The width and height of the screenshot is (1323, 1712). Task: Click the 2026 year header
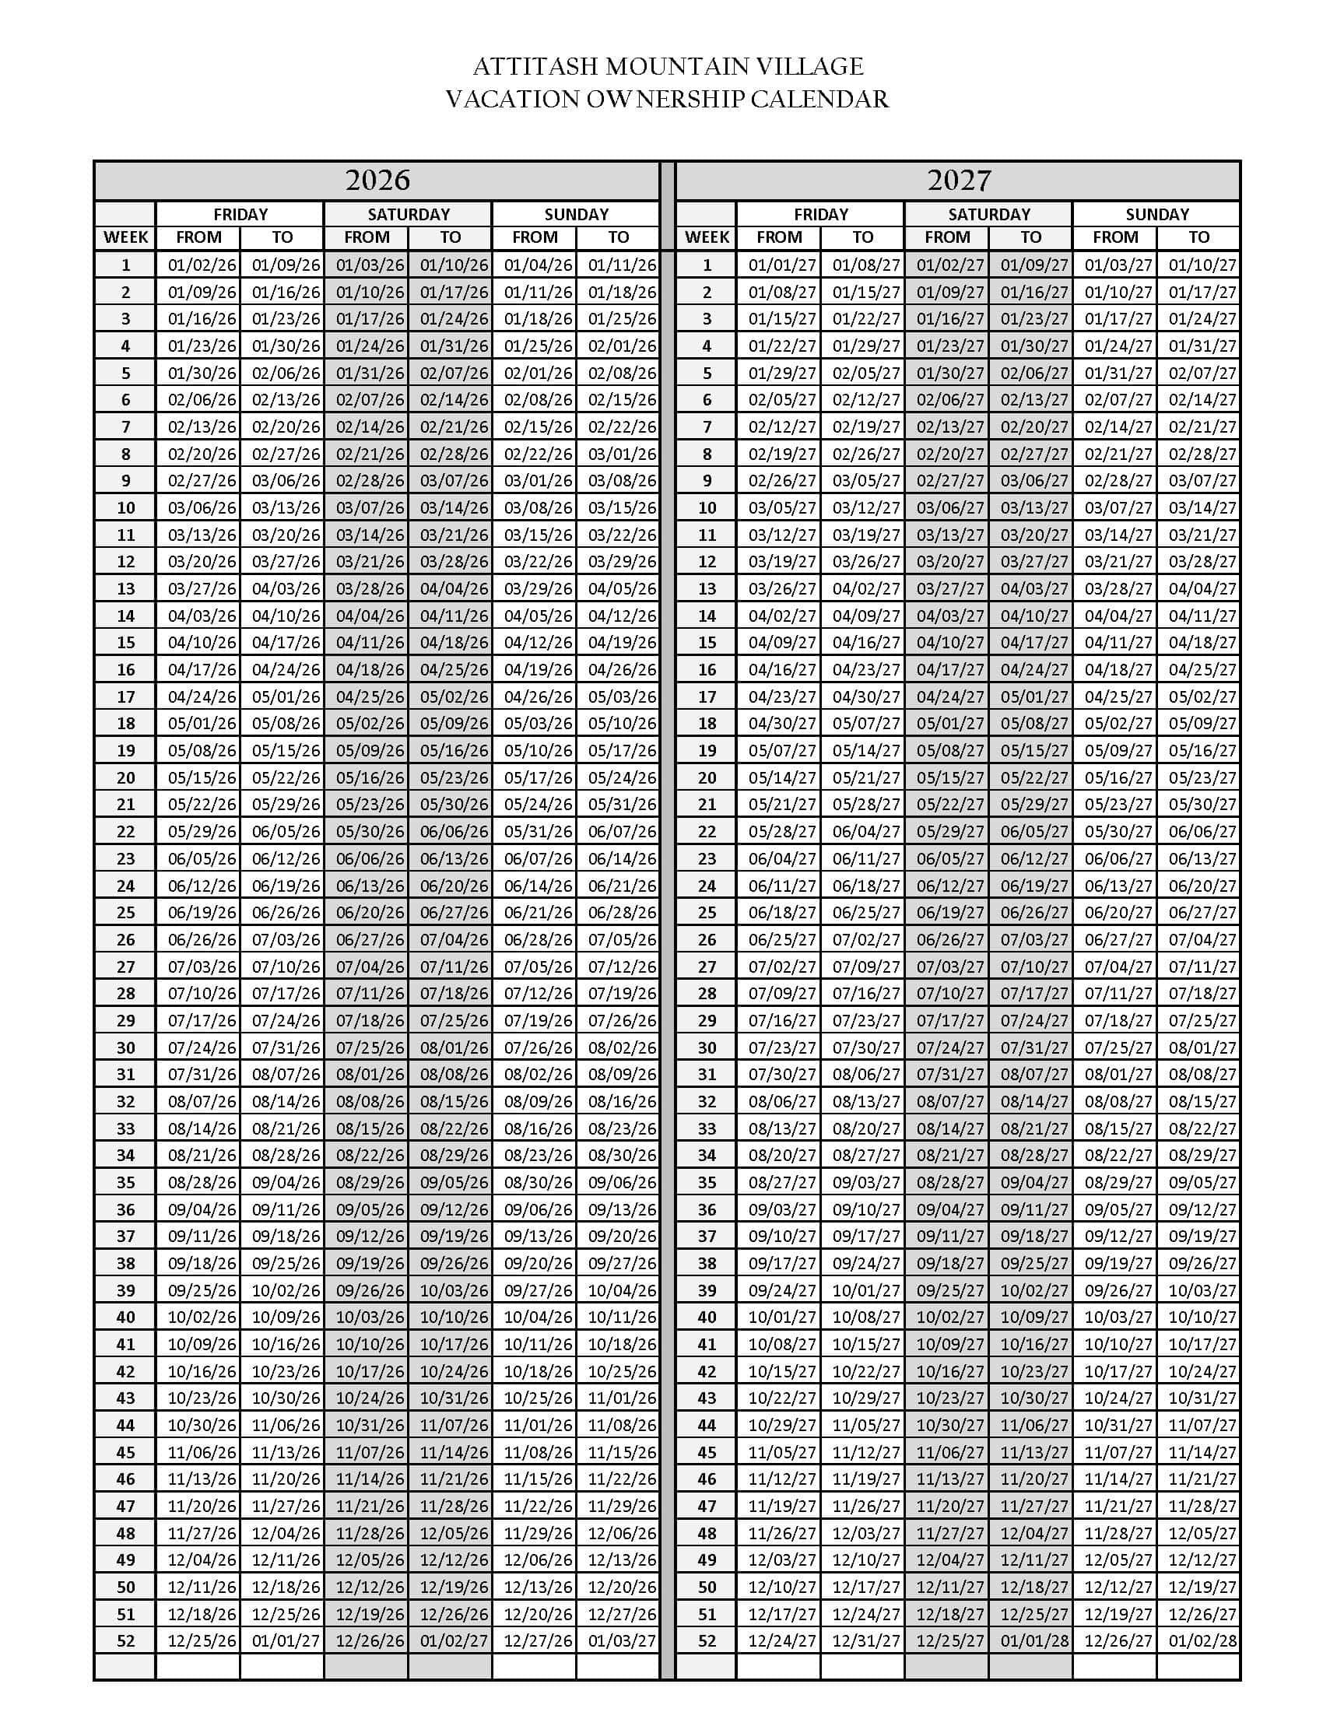[x=377, y=181]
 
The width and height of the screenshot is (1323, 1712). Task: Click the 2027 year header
[x=959, y=181]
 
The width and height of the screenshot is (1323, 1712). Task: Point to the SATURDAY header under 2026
[x=409, y=214]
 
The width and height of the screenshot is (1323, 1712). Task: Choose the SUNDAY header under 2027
[x=1156, y=214]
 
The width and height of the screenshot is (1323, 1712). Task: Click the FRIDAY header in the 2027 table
[x=820, y=214]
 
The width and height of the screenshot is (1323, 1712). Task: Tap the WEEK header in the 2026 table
[x=125, y=237]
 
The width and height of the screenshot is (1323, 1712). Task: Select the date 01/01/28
[x=1033, y=1640]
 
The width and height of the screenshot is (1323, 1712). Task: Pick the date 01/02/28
[x=1202, y=1640]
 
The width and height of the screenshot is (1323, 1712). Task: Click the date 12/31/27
[x=866, y=1640]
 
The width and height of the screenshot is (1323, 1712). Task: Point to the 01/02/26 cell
[x=202, y=265]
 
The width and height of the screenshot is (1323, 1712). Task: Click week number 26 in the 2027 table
[x=707, y=939]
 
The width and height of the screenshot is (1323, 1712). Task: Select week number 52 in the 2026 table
[x=125, y=1640]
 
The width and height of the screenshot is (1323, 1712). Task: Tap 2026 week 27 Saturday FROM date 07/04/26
[x=370, y=967]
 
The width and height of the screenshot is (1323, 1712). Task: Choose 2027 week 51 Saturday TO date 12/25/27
[x=1033, y=1614]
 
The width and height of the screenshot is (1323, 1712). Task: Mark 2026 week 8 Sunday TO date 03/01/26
[x=622, y=454]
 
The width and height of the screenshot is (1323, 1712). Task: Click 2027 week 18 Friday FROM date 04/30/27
[x=782, y=724]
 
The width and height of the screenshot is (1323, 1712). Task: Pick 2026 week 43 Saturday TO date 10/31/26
[x=454, y=1398]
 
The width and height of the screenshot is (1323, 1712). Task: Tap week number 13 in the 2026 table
[x=125, y=589]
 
